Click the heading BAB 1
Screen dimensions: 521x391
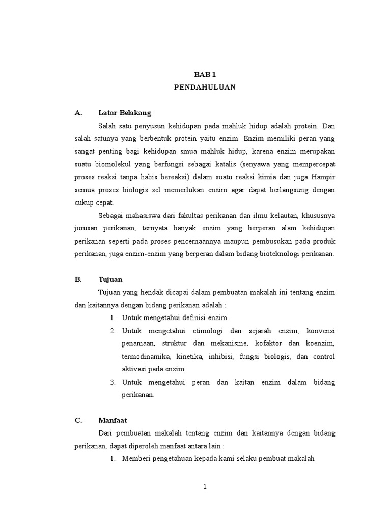(x=205, y=74)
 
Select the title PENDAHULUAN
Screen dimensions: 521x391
(x=205, y=87)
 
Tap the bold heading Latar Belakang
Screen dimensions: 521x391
(x=125, y=112)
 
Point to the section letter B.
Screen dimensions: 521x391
(x=78, y=279)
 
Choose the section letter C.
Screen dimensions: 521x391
(x=78, y=420)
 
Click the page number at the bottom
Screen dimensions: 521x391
(x=205, y=487)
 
